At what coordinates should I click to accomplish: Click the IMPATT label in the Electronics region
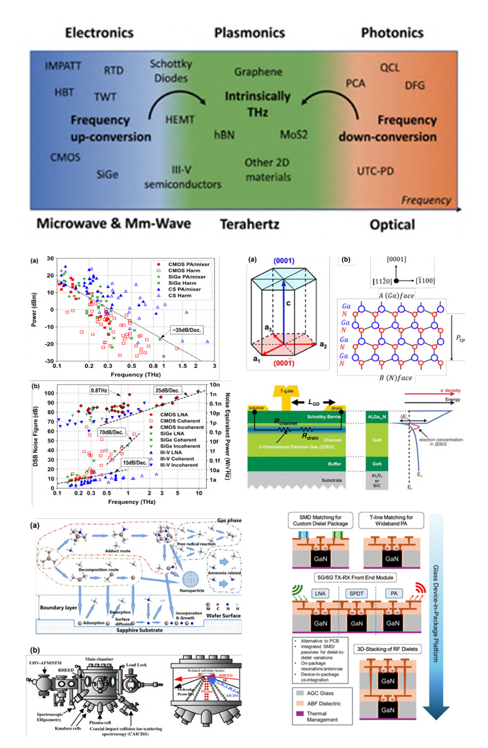click(64, 66)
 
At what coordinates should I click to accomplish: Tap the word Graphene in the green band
click(258, 71)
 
